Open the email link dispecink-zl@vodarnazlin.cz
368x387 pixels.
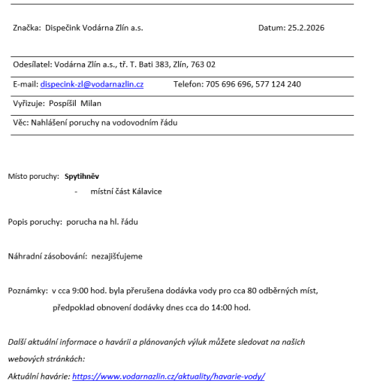point(92,84)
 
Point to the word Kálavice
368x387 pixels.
point(143,192)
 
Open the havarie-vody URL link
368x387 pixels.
point(168,376)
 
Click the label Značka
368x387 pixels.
point(27,28)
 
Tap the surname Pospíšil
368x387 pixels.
point(63,103)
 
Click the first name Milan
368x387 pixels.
point(91,103)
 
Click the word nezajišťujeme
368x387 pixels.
point(117,256)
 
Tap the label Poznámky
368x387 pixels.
point(27,289)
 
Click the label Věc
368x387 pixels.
point(20,122)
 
